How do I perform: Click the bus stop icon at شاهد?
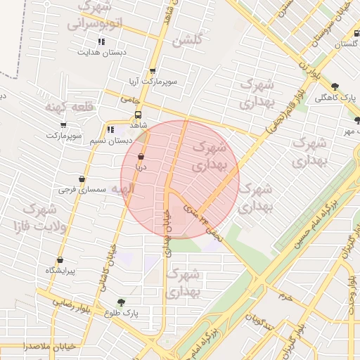(x=137, y=115)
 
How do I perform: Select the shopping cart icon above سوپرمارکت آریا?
(x=153, y=71)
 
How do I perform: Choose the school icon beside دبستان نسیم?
(x=110, y=129)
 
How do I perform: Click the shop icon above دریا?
(x=141, y=156)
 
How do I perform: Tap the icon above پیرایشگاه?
(x=60, y=259)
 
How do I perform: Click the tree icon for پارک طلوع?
(x=121, y=302)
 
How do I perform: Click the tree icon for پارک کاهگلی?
(x=334, y=86)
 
